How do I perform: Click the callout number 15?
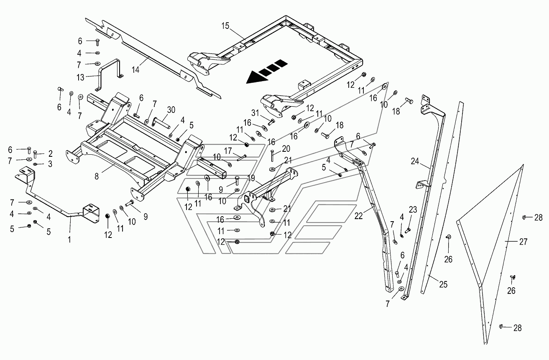click(x=225, y=26)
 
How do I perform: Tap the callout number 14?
click(x=135, y=70)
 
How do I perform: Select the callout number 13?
click(x=80, y=77)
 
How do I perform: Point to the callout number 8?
click(x=97, y=176)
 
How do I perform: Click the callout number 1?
click(x=69, y=240)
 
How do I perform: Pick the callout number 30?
click(x=171, y=110)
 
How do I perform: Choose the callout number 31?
click(x=255, y=113)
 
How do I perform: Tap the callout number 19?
click(x=251, y=178)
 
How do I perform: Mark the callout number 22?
click(x=359, y=216)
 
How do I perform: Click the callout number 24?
click(x=415, y=161)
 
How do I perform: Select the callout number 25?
click(x=443, y=284)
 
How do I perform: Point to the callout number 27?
click(x=523, y=242)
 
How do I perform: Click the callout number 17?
click(x=228, y=151)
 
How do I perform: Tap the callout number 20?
click(x=286, y=148)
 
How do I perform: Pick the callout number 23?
click(x=413, y=209)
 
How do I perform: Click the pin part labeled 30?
click(x=161, y=122)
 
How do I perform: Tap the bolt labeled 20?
click(x=272, y=156)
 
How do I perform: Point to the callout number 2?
click(x=51, y=153)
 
